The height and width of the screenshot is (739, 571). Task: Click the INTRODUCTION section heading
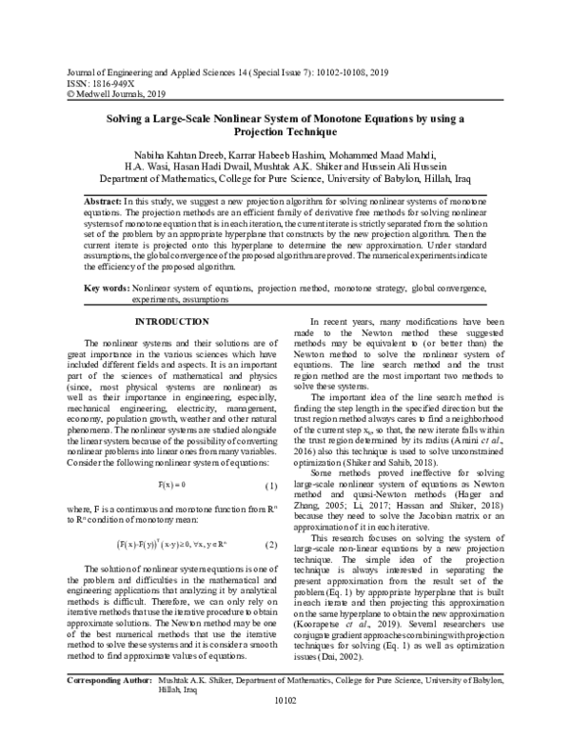[173, 322]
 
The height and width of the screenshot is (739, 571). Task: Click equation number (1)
[270, 459]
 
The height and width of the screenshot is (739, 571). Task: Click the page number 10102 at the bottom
[285, 728]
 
